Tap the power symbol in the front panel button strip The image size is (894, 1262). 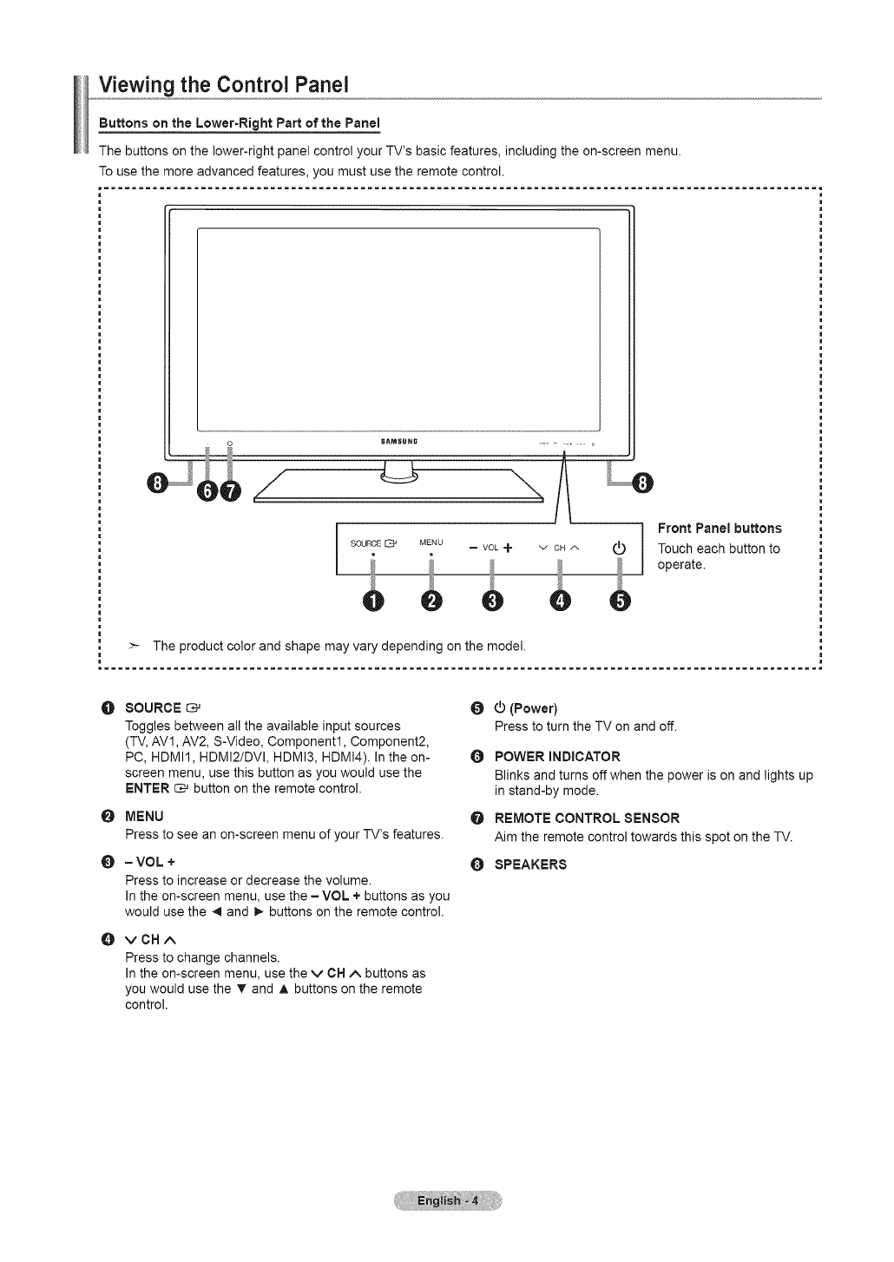(x=619, y=547)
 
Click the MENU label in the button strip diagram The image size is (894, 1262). (x=431, y=542)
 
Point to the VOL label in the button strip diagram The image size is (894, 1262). (x=490, y=548)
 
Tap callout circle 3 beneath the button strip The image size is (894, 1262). (x=492, y=602)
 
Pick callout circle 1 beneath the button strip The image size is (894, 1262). (x=372, y=602)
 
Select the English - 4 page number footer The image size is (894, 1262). (x=447, y=1201)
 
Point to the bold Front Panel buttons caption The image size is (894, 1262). (x=720, y=529)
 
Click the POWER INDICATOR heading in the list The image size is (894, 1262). (x=557, y=756)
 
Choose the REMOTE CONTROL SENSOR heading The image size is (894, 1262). (x=587, y=818)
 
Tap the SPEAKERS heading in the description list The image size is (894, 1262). (x=530, y=864)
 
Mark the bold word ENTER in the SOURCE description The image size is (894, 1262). (x=147, y=788)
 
